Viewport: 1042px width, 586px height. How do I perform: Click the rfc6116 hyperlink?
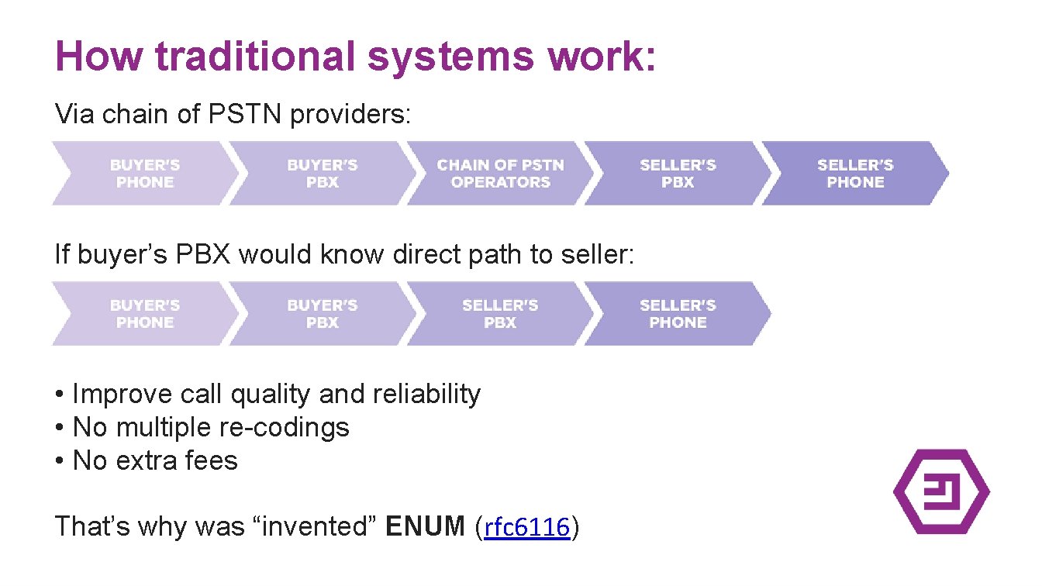click(x=527, y=527)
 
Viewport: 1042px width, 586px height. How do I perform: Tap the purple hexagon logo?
click(x=941, y=491)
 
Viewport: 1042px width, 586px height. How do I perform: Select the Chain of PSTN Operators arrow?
click(x=500, y=174)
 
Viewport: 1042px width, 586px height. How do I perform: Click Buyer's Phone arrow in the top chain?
click(x=144, y=174)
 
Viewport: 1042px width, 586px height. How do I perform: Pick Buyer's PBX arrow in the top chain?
click(x=322, y=174)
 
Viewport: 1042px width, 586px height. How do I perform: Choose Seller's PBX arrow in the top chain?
click(x=678, y=174)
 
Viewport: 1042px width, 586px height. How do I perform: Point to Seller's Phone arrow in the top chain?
click(x=854, y=174)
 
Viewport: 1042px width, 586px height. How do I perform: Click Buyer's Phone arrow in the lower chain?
click(x=144, y=314)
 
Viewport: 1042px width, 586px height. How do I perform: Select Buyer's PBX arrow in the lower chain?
click(x=322, y=314)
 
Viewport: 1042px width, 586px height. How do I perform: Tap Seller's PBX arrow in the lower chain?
click(x=500, y=314)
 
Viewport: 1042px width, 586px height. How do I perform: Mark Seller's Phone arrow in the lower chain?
click(x=678, y=314)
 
